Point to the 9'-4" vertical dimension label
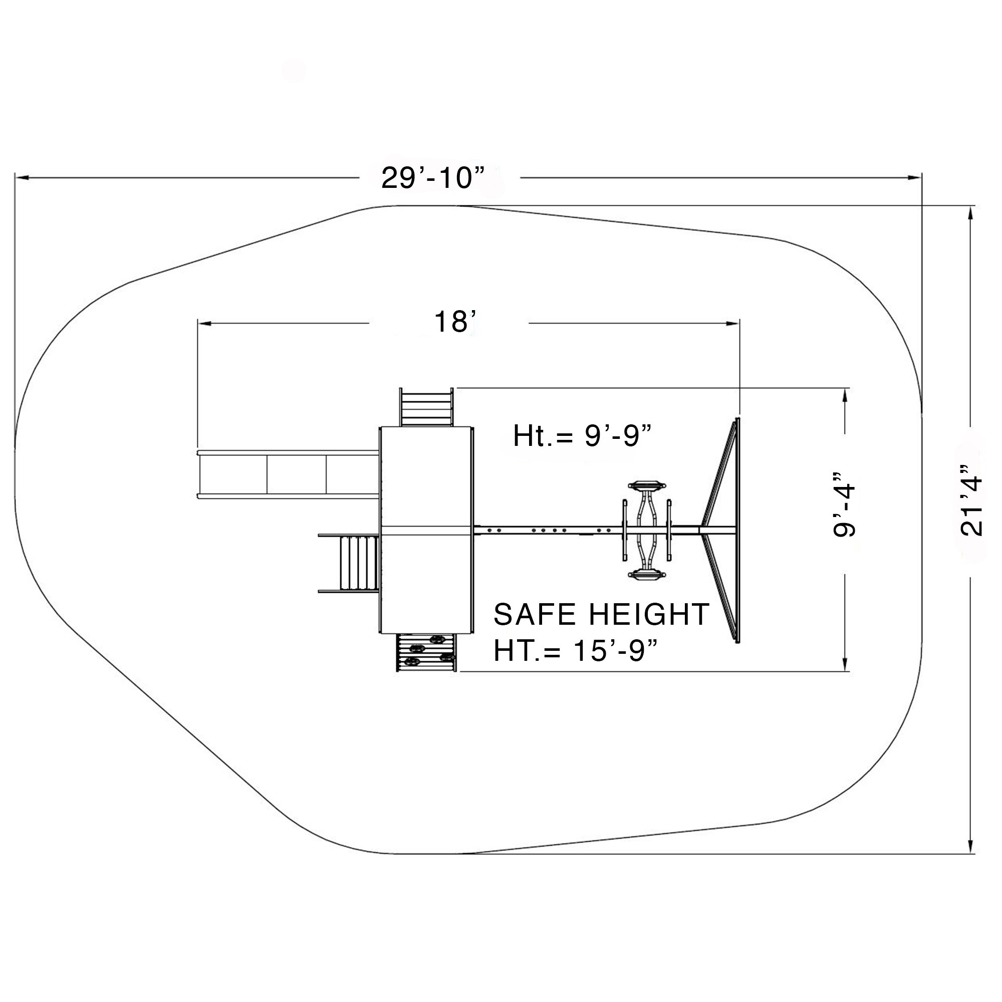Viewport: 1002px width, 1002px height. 844,504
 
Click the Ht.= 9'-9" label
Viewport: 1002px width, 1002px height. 581,436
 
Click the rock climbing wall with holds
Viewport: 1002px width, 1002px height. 426,652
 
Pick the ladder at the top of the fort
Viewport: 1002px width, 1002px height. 426,407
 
